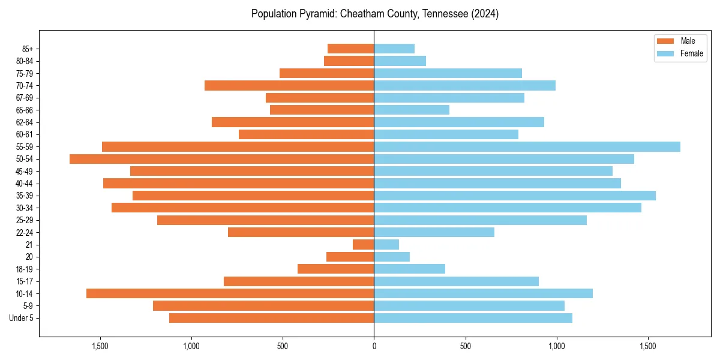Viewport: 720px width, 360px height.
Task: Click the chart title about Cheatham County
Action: (374, 14)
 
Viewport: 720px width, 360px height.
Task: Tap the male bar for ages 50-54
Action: (221, 159)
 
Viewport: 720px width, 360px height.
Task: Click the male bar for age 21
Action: (363, 245)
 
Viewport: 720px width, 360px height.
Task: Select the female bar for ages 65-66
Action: (412, 110)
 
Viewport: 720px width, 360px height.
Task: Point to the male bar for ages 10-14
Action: (230, 293)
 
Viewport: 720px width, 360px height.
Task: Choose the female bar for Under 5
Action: (473, 318)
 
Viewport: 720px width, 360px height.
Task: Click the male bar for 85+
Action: (350, 49)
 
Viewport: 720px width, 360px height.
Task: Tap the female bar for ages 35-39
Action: (515, 196)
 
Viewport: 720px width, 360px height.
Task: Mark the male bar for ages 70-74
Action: (289, 85)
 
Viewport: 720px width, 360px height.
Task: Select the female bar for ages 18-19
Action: (409, 269)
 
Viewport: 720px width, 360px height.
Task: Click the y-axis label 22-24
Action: (25, 232)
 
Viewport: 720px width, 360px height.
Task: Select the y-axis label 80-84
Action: (25, 61)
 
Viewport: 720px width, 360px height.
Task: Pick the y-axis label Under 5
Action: (22, 318)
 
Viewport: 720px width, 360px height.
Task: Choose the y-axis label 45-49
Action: (25, 171)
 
